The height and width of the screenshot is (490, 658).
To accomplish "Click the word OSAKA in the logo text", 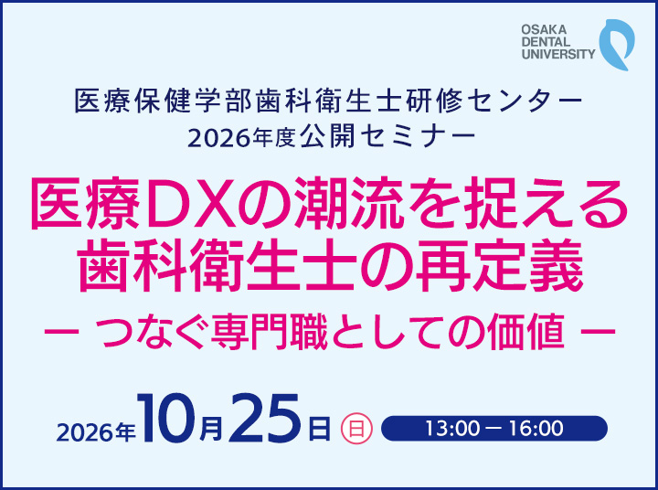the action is point(544,29).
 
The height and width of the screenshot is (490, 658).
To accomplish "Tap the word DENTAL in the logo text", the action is point(546,41).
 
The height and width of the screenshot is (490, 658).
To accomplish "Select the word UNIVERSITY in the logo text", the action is point(558,54).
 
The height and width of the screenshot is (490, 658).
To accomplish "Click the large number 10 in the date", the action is point(166,418).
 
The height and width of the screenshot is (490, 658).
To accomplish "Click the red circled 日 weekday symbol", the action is point(356,429).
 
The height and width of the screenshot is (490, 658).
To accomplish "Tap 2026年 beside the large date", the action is point(96,431).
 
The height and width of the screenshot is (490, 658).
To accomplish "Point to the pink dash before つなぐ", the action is point(61,331).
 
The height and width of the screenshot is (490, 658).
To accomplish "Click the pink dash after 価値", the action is point(598,331).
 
